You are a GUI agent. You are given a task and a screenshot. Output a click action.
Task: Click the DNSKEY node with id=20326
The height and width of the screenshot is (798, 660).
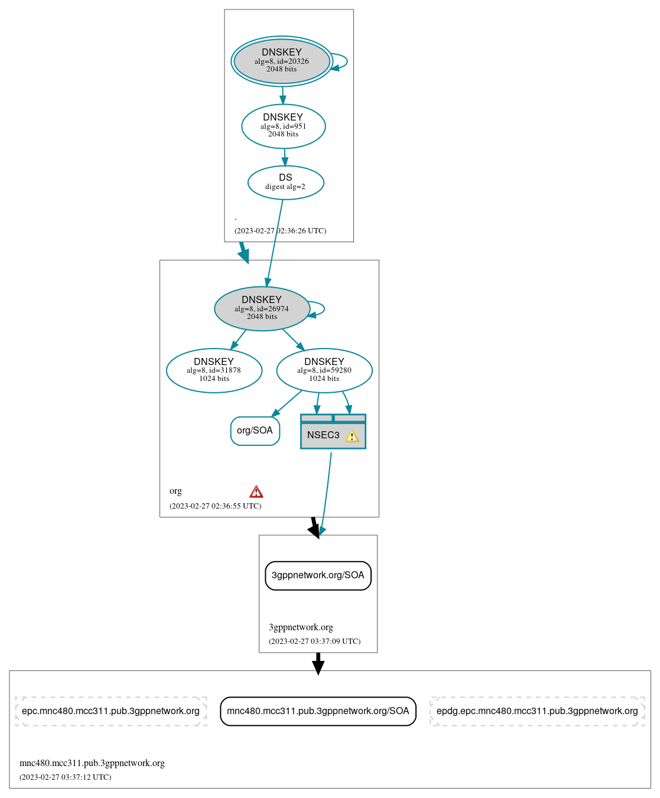pos(282,61)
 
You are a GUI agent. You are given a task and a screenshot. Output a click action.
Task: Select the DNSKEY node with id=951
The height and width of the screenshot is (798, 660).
pos(283,126)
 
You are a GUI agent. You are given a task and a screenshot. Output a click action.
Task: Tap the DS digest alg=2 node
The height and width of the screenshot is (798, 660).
pos(285,183)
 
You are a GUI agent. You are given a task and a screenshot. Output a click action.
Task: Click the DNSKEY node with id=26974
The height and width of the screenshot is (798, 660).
pos(262,308)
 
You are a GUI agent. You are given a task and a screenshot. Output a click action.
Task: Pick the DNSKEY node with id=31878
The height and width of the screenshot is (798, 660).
pos(214,370)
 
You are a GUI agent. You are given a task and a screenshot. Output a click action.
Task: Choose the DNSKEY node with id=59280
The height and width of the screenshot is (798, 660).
pos(324,370)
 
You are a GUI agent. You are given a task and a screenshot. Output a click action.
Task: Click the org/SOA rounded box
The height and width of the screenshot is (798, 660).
pos(255,431)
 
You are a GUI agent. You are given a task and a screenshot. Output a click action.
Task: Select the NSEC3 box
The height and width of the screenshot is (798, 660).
pos(324,435)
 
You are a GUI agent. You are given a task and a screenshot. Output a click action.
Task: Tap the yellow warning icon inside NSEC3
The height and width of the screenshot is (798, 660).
pos(352,437)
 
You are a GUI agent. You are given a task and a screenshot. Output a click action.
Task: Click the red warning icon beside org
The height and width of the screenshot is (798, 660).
pos(256,491)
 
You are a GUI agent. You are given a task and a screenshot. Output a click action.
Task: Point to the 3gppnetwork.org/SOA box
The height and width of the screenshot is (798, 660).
pos(318,575)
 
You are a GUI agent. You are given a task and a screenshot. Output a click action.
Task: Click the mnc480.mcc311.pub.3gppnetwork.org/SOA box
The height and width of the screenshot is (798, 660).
pos(318,711)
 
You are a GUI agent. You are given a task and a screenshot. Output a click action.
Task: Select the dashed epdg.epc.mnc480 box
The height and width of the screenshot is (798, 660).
pos(537,711)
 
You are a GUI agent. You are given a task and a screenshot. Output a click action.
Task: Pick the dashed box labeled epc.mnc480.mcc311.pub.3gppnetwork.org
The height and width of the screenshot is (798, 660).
pos(110,711)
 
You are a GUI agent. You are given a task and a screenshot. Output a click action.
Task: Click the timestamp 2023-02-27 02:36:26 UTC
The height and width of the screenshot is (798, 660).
pos(280,231)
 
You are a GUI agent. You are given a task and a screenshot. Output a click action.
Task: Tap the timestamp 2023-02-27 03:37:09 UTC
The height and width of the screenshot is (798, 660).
pos(314,641)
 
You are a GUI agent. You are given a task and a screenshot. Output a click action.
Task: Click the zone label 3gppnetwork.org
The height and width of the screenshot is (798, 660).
pos(301,627)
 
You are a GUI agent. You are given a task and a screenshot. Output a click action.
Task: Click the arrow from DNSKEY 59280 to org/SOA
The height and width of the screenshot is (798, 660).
pos(287,403)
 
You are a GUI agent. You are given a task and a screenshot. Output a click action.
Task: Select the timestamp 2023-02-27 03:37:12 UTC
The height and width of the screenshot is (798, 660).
pos(65,777)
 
